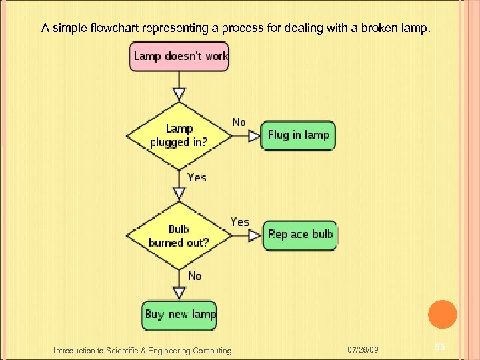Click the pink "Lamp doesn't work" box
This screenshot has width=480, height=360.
click(x=179, y=56)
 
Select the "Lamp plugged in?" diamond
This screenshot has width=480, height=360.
click(x=179, y=135)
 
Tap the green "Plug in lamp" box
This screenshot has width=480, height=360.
click(x=298, y=135)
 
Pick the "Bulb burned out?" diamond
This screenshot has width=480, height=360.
click(x=179, y=235)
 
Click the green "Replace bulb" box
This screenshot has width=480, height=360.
click(x=299, y=235)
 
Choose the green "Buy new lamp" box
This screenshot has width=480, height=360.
click(x=179, y=315)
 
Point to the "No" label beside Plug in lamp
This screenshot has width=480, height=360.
click(x=239, y=122)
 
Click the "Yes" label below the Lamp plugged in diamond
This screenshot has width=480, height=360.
click(x=197, y=177)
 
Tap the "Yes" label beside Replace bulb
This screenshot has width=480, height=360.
click(x=240, y=222)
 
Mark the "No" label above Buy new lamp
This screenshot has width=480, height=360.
click(x=195, y=275)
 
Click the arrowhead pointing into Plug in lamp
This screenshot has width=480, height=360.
click(x=254, y=136)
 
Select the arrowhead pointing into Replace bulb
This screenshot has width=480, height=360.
click(x=254, y=235)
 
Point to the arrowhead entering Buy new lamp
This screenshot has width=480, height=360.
click(x=179, y=293)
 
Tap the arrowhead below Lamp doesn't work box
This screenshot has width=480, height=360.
click(x=179, y=93)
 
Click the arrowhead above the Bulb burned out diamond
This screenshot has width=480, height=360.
click(x=179, y=193)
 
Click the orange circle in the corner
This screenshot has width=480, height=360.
click(x=441, y=315)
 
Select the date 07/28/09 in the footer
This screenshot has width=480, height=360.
click(x=363, y=350)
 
